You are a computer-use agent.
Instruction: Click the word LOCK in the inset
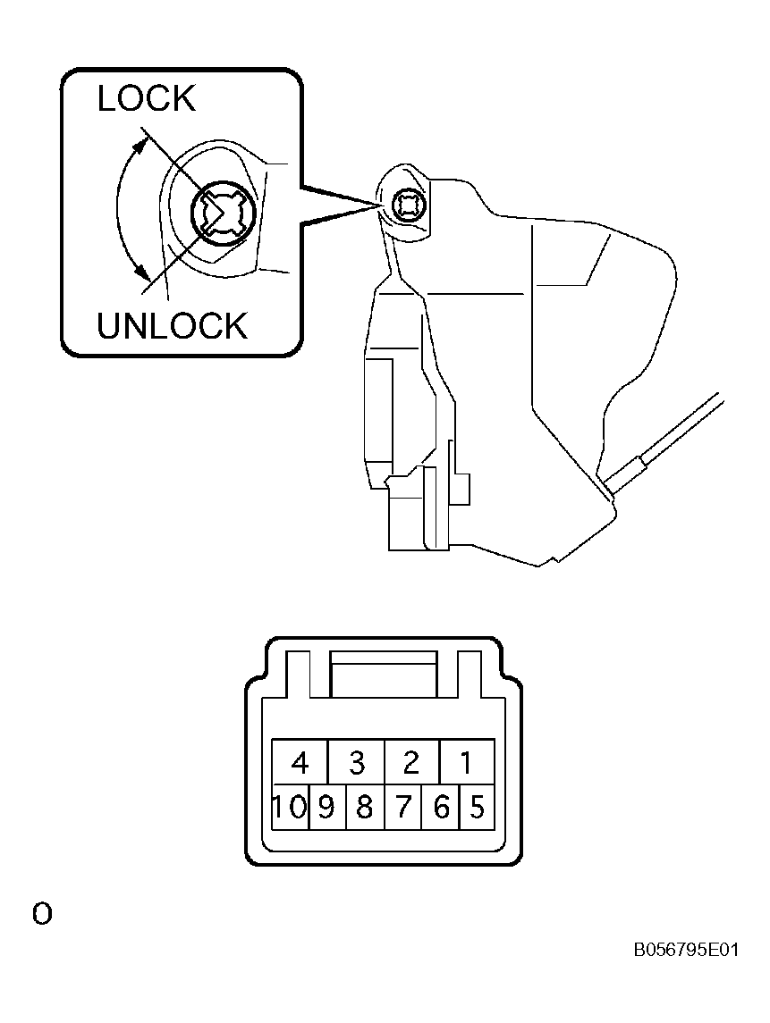147,98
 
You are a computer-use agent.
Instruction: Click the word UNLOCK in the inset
173,325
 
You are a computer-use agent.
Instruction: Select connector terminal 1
467,761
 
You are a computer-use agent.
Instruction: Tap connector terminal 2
412,761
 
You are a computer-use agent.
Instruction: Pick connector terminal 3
357,761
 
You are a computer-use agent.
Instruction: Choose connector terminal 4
300,761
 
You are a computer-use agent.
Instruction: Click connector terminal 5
477,807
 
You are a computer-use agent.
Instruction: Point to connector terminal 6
441,807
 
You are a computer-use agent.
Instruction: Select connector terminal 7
403,807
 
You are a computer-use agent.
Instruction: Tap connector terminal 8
365,807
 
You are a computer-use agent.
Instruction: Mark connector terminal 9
327,807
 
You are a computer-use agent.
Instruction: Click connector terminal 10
290,807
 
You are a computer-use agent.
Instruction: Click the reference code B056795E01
686,949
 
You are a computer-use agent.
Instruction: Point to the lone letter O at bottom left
42,914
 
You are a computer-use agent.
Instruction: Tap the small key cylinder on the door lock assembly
408,205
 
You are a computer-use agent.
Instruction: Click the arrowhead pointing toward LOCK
140,144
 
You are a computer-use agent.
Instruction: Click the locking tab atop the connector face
384,675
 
